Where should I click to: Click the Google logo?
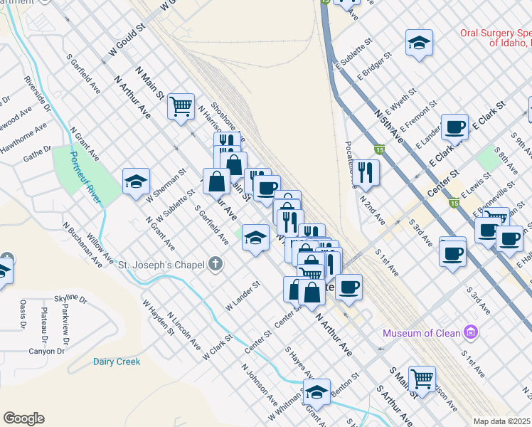[x=23, y=418]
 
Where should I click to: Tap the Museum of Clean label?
[x=422, y=333]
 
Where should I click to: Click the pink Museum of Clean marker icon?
[x=469, y=332]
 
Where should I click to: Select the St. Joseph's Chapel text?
[x=161, y=265]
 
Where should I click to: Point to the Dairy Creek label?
[x=117, y=362]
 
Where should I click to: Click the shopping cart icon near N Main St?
[x=181, y=106]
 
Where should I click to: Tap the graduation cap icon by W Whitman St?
[x=316, y=391]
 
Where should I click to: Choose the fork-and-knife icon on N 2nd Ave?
[x=366, y=172]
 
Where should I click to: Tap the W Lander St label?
[x=243, y=295]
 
